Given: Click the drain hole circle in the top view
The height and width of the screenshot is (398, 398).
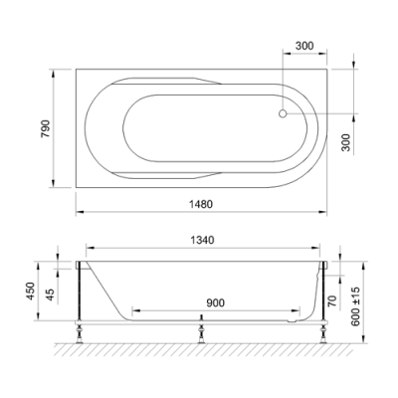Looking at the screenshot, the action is coord(283,113).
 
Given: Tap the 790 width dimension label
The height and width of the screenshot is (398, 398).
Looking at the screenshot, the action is coord(45,128).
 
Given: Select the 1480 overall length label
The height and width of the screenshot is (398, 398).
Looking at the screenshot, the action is coord(201,204).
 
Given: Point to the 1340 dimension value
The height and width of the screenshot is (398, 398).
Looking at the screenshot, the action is coord(202,240).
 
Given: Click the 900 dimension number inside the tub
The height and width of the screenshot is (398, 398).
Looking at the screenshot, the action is coord(215,302).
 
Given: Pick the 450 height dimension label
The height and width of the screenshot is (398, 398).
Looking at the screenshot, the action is coord(31,291).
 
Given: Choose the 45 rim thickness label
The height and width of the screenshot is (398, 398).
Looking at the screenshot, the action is coord(50,295).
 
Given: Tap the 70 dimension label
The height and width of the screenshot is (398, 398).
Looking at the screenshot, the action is coord(332,300).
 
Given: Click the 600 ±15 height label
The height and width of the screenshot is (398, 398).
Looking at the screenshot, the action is coord(355,306).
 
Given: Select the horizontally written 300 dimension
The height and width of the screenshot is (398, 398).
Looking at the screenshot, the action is coord(304,46).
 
